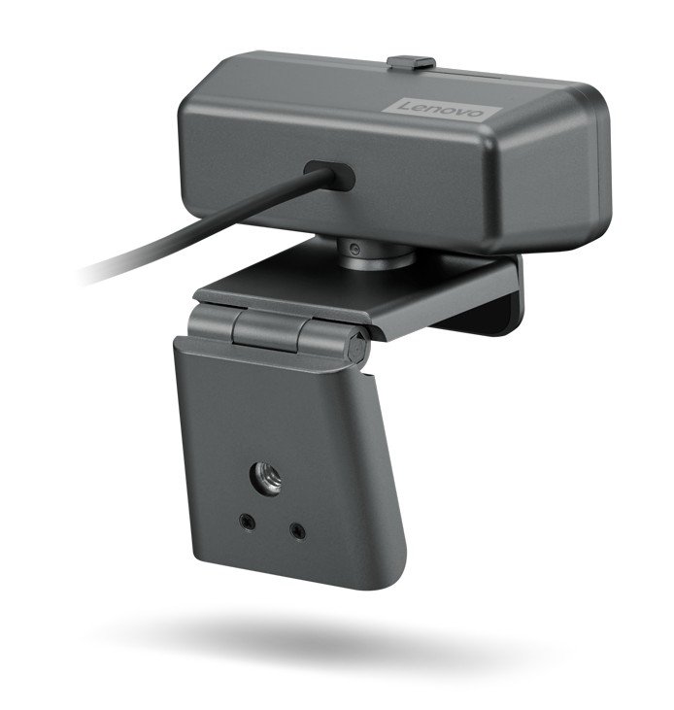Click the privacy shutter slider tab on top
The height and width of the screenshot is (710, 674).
(x=411, y=63)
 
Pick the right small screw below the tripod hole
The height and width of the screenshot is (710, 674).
(x=296, y=531)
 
